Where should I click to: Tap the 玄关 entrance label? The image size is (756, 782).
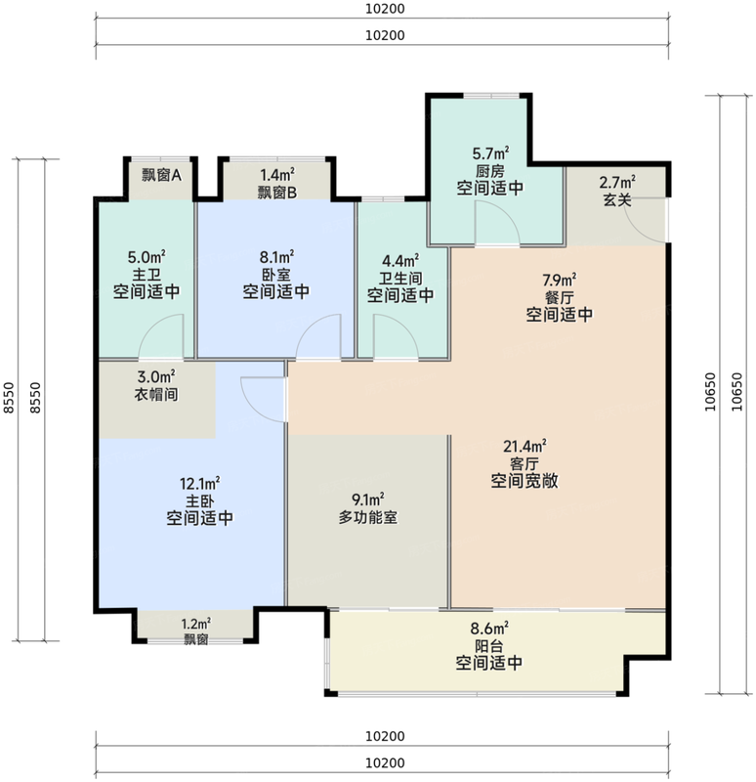click(616, 199)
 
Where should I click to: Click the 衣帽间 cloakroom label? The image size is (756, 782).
click(155, 394)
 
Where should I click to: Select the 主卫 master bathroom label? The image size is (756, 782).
click(146, 275)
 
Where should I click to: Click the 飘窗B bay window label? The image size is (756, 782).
click(276, 192)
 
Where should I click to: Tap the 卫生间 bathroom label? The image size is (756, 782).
click(400, 278)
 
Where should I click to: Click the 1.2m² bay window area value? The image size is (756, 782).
click(196, 623)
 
